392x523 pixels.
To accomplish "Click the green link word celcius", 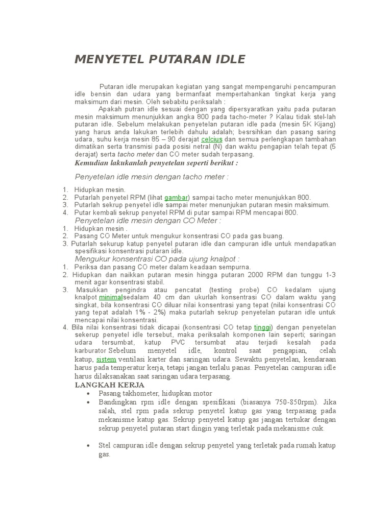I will (212, 139).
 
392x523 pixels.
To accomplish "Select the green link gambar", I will (176, 197).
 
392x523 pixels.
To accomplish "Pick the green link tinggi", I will (263, 327).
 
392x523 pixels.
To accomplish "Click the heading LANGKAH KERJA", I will (110, 385).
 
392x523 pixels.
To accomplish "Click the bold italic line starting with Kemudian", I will (156, 163).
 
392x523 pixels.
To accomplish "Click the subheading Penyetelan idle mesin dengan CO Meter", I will (148, 221).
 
